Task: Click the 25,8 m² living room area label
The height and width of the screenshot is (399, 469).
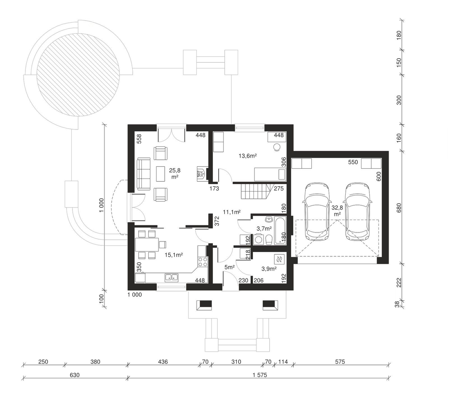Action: pos(175,173)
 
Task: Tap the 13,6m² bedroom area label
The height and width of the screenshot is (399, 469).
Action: pos(248,156)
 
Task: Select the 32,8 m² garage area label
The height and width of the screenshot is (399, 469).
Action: pos(337,211)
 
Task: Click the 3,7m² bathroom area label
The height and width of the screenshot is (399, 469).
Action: pos(265,228)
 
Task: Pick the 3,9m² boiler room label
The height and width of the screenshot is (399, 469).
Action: pos(269,269)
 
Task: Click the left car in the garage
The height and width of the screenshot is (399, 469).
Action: pos(317,212)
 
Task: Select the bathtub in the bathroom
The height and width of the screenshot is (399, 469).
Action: pos(280,230)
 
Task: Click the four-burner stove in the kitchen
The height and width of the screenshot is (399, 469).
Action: pos(203,262)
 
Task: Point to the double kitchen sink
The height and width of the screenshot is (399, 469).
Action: pos(172,277)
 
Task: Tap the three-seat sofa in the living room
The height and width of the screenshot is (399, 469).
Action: pos(144,174)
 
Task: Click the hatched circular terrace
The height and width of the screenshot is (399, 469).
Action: pos(78,75)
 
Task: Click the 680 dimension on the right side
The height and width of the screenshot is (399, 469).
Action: pos(399,208)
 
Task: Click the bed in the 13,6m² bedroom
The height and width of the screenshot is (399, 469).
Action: pos(270,174)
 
